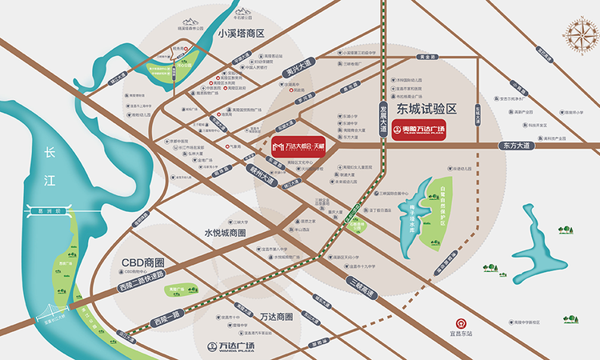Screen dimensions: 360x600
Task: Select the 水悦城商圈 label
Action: pyautogui.click(x=219, y=233)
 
